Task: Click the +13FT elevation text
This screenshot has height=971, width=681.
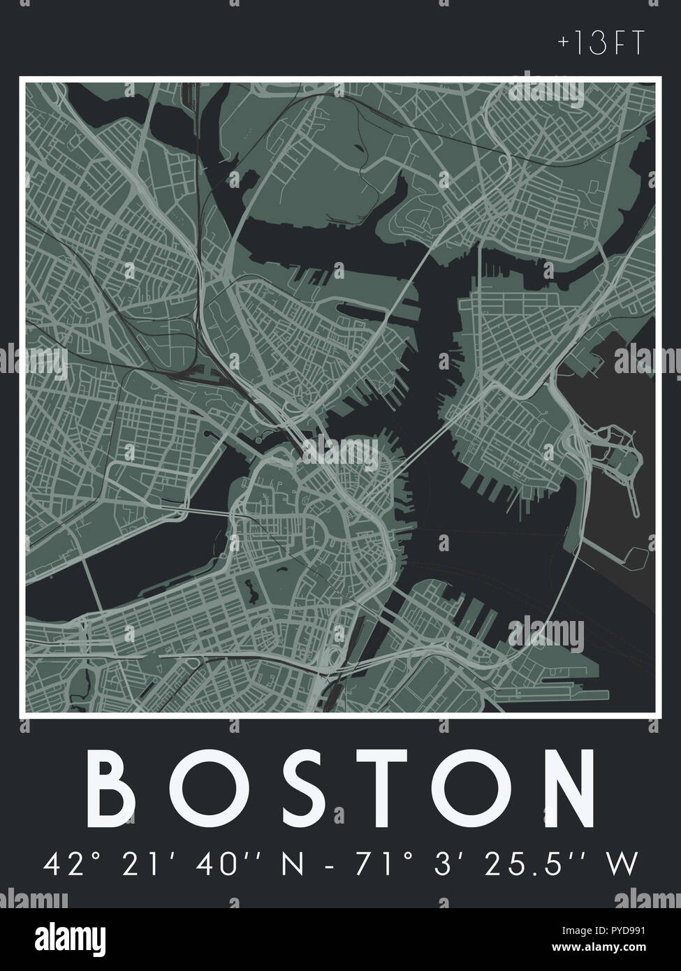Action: click(599, 44)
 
